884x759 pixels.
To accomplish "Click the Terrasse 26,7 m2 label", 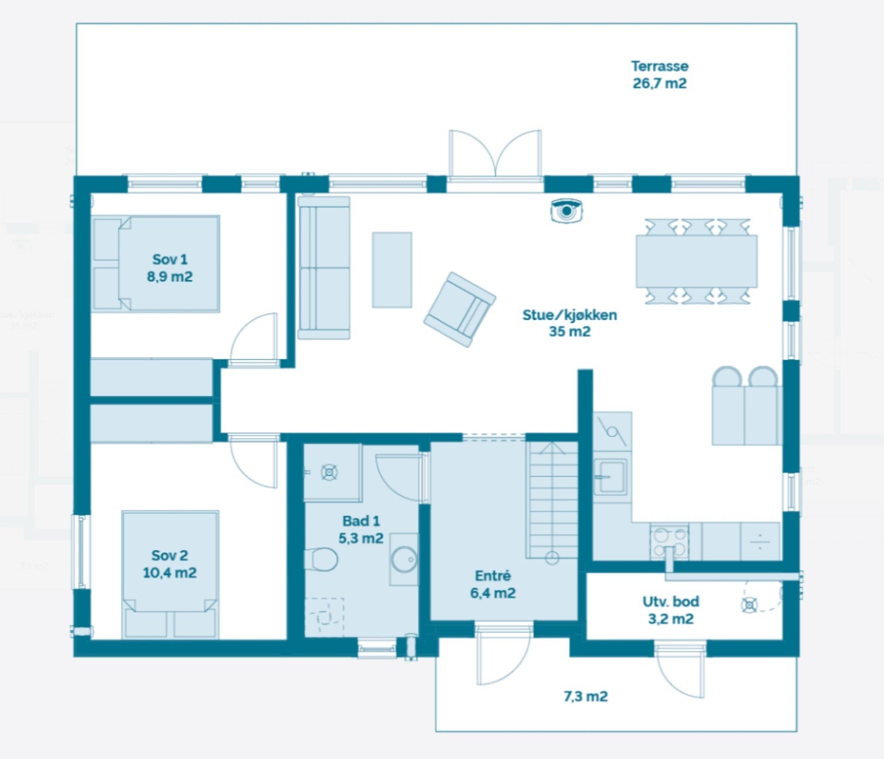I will pos(659,75).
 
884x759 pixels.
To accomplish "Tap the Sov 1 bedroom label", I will pos(169,268).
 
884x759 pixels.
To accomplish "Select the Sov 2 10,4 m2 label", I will pos(169,564).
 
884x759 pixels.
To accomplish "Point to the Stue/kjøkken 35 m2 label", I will pos(569,323).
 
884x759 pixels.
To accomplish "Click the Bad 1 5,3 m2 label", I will pos(361,529).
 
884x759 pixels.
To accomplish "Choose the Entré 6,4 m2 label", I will pos(493,584).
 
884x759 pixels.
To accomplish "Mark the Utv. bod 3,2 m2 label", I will pos(671,610).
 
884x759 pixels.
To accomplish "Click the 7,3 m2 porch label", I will pos(585,696).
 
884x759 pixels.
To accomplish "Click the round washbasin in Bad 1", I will pos(404,559).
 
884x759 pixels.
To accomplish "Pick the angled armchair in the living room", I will pos(460,309).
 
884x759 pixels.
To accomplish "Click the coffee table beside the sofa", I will pos(392,270).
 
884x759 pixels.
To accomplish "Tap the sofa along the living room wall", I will pos(324,268).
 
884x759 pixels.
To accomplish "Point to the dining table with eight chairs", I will pos(697,261).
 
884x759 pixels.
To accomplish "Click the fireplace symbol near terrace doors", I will pos(566,211).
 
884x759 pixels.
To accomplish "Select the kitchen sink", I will pos(611,477).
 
